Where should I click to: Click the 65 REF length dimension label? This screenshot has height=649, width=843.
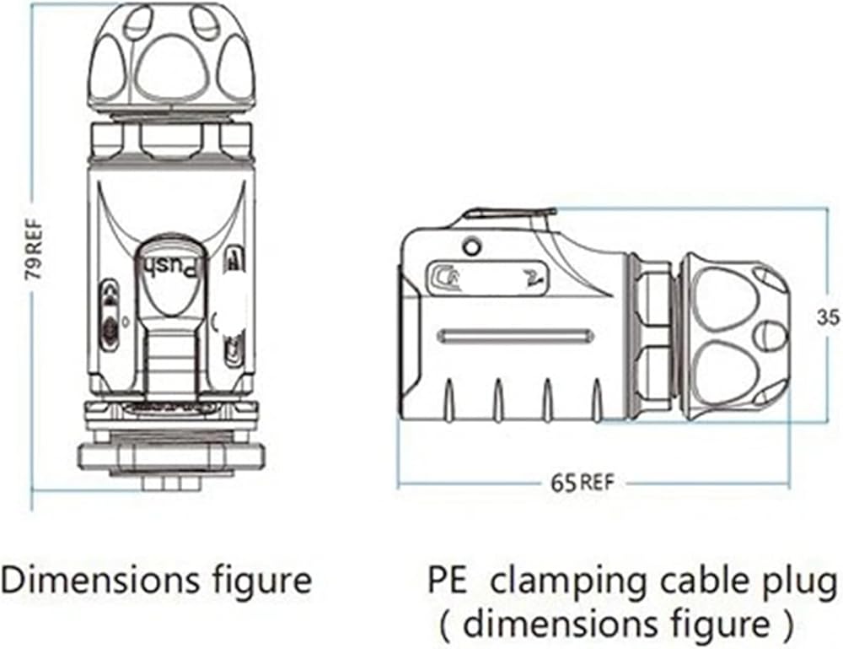(x=582, y=483)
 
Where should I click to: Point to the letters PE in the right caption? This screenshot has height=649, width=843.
(x=448, y=581)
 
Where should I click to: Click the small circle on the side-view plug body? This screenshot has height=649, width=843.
(x=472, y=247)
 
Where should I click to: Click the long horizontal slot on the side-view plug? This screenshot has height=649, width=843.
(x=515, y=337)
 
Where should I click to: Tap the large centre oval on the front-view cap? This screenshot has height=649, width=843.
(x=172, y=72)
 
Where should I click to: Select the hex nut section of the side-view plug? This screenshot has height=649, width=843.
(x=652, y=337)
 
